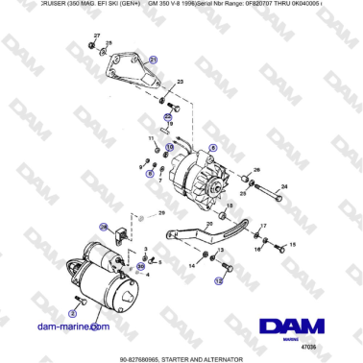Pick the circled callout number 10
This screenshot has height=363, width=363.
169,148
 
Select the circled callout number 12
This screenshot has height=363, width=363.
219,282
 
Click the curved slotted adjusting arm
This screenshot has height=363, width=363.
202,236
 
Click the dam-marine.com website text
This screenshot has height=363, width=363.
75,328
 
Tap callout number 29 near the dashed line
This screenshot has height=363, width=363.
162,213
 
